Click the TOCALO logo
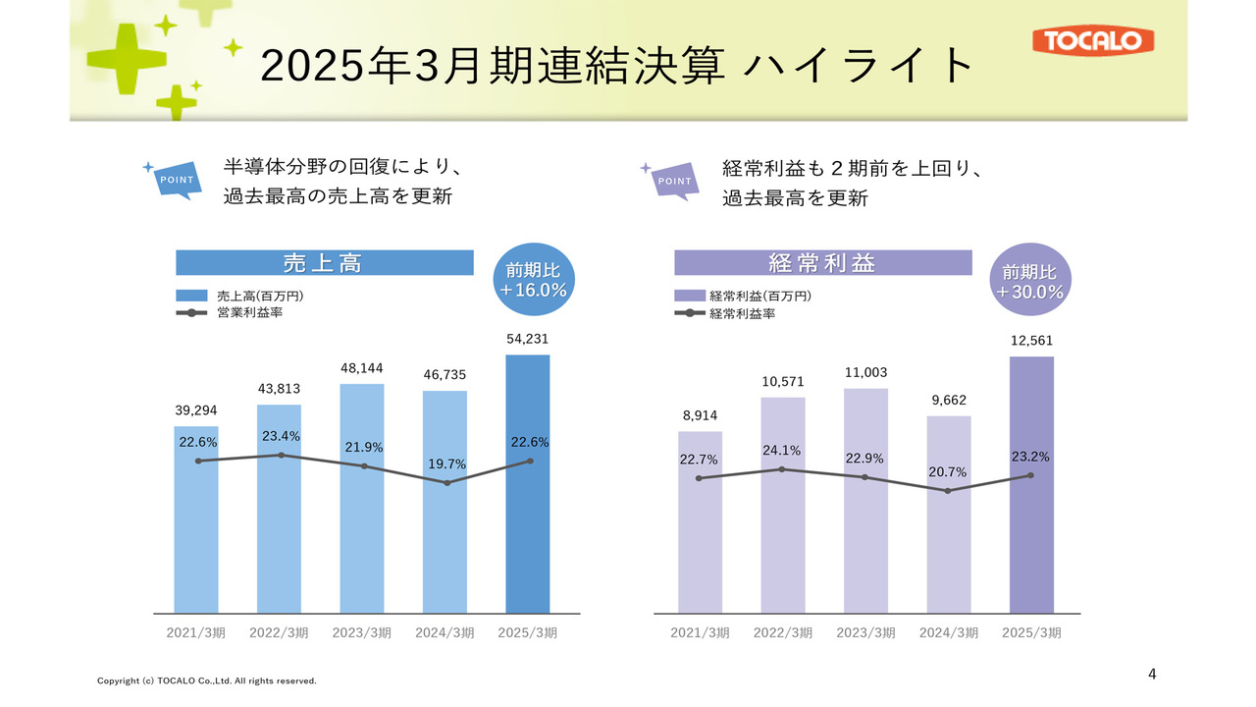click(1093, 40)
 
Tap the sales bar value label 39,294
click(196, 409)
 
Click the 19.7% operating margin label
click(447, 463)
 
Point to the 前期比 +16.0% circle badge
click(537, 280)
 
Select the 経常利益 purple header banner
click(822, 263)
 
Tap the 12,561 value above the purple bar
click(1031, 341)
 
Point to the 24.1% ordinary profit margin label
click(782, 451)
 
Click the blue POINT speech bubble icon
click(176, 180)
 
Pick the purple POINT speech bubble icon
click(673, 181)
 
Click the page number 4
click(1152, 674)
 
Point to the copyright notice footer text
click(206, 680)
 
